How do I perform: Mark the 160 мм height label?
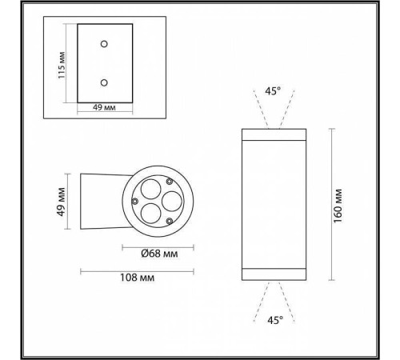pos(339,204)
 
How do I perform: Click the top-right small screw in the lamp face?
pos(167,183)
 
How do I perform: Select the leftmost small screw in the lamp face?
pos(135,199)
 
